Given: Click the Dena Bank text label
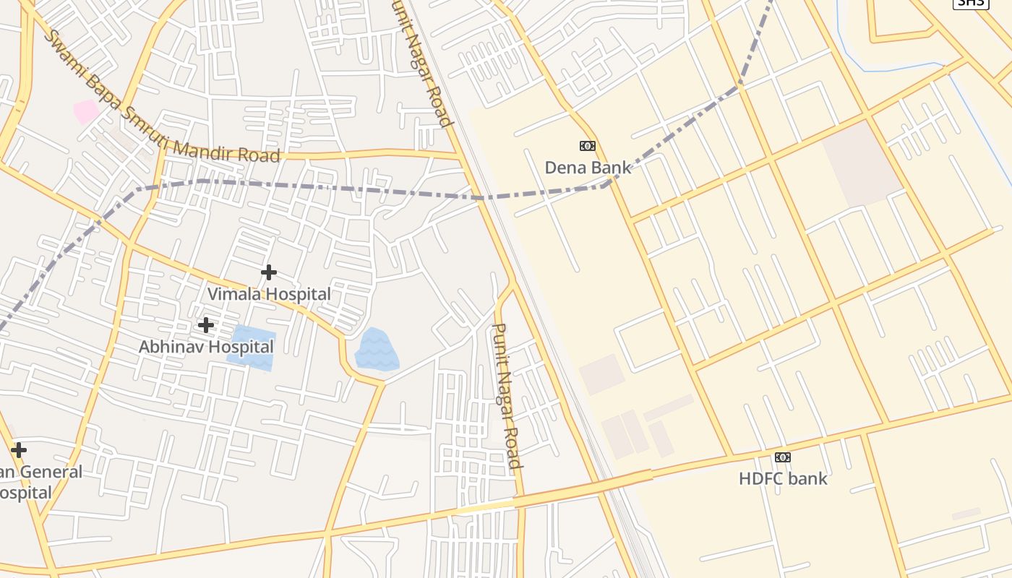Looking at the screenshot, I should coord(587,168).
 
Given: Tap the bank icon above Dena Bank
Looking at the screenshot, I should coord(588,146).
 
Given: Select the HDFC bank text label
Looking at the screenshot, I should coord(783,478).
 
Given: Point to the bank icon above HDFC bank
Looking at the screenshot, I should coord(783,457).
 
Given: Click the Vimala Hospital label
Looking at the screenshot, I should coord(269,294).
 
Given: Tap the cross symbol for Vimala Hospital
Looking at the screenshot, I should coord(269,272).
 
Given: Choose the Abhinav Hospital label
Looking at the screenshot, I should coord(206,347).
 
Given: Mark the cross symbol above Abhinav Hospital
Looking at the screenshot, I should coord(206,325).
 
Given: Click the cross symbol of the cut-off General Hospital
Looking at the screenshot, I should coord(19,450).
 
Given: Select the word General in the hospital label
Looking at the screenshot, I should coord(51,472).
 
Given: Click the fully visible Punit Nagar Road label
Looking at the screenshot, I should coord(506,395).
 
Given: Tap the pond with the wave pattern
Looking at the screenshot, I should coord(377,351).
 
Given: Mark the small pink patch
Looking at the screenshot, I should coord(86,112).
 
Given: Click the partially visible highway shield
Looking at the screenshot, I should coord(970,3).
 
